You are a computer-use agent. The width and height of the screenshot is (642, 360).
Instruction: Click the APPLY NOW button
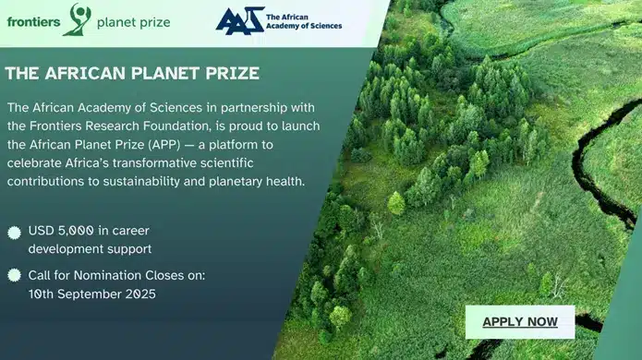point(520,322)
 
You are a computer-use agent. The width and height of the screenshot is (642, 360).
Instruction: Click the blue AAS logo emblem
point(238,20)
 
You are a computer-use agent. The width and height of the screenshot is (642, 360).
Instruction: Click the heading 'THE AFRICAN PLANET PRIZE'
point(132,72)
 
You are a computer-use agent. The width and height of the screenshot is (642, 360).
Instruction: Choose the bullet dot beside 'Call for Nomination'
point(14,275)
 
